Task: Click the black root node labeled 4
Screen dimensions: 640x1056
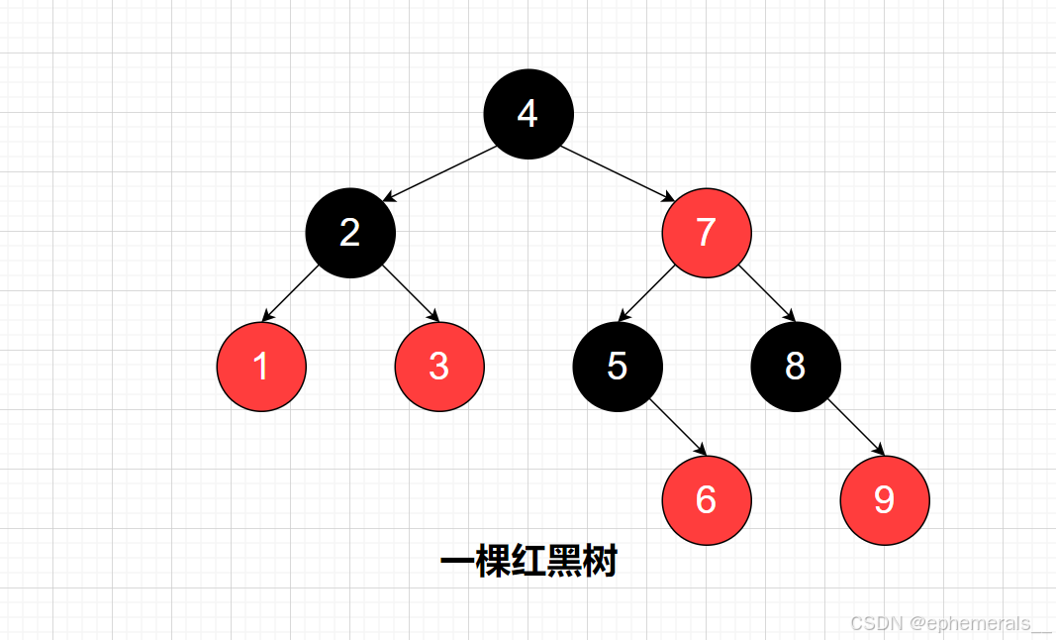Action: coord(528,114)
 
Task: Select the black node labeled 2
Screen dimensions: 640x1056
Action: coord(350,233)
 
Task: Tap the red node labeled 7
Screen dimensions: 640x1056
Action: coord(707,233)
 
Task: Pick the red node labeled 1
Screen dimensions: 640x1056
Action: coord(261,367)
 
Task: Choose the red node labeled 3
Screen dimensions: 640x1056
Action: coord(439,367)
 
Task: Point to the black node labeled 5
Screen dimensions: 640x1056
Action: coord(618,367)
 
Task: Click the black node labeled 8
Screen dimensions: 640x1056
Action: coord(796,367)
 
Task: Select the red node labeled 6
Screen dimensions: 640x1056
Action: coord(707,500)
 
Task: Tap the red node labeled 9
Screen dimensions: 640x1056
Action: coord(885,500)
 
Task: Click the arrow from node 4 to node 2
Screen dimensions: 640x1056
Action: coord(439,173)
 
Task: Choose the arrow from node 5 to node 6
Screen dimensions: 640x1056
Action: coord(677,428)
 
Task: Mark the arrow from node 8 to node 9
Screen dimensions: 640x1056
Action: coord(855,428)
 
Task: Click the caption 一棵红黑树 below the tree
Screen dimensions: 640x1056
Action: coord(528,563)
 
